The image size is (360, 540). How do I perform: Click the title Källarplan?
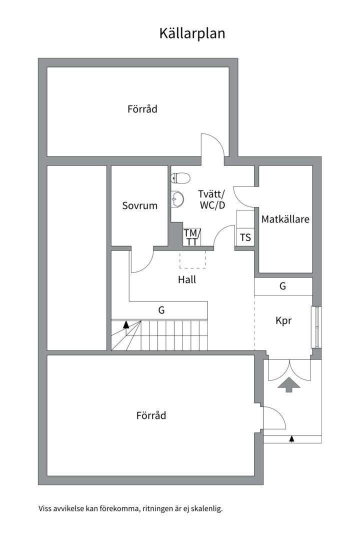pos(192,33)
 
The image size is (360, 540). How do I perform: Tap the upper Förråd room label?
pos(142,108)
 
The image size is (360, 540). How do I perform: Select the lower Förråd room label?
pos(151,415)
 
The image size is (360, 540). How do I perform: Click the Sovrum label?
pos(140,205)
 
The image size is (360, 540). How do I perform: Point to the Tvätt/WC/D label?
pos(211,199)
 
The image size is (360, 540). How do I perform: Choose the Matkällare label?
pos(285,219)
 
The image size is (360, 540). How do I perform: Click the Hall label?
pos(187,280)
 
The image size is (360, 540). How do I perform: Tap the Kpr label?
pos(283,321)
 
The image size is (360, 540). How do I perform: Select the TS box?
pos(245,237)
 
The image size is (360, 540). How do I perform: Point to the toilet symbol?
pos(179,178)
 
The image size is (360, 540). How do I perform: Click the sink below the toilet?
pos(177,199)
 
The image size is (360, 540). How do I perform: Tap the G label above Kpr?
pos(283,286)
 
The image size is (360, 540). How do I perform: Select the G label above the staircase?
pos(161,310)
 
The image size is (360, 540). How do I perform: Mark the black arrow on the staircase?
pos(126,324)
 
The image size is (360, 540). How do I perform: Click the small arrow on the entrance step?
pos(291,439)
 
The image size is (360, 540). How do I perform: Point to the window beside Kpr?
pos(316,326)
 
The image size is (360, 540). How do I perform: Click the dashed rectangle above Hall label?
pos(192,259)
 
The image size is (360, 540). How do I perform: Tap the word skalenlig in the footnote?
pos(205,509)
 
